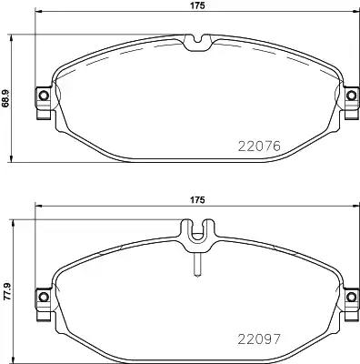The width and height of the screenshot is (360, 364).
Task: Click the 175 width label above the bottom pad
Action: coord(195,199)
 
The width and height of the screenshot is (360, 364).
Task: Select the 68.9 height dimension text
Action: coord(8,96)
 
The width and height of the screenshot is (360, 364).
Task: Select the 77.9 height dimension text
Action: coord(8,289)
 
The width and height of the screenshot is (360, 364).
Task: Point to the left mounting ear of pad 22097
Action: coord(41,297)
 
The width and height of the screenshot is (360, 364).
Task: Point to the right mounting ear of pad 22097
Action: coord(350,297)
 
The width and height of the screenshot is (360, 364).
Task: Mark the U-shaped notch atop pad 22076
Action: coord(195,41)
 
